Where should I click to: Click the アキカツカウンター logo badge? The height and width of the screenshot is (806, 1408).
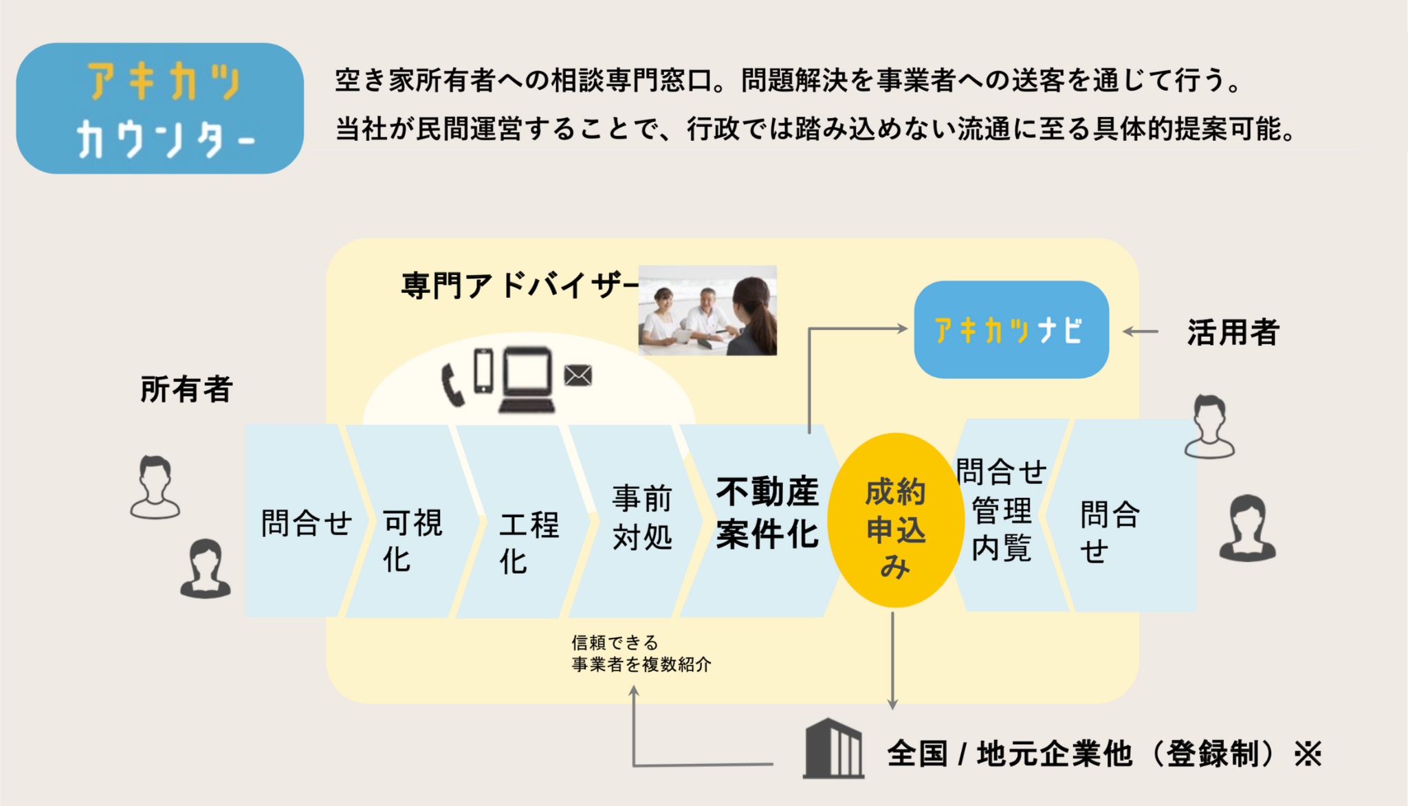[x=159, y=109]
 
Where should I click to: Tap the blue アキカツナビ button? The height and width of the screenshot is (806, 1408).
[x=1011, y=329]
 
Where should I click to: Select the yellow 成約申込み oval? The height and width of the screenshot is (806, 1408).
[x=895, y=521]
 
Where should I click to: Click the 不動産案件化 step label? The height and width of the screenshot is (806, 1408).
[x=767, y=512]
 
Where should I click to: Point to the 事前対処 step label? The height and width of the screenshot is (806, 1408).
[x=642, y=517]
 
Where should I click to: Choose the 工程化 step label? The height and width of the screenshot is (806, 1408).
[x=529, y=542]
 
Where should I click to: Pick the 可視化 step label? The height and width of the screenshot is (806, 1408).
[x=412, y=541]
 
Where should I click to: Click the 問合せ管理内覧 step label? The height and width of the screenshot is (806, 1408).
[x=1001, y=510]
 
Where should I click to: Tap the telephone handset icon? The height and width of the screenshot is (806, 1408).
[x=452, y=384]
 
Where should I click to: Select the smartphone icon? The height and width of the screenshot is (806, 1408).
[x=484, y=371]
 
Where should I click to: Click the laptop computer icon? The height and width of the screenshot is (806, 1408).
[x=527, y=380]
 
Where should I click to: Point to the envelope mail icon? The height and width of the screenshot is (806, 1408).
[x=577, y=375]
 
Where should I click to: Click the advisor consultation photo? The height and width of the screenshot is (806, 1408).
[x=707, y=310]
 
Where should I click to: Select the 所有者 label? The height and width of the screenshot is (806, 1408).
[x=186, y=389]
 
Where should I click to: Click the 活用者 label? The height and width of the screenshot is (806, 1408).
[x=1233, y=332]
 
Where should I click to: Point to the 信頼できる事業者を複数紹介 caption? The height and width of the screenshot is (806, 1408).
[x=641, y=653]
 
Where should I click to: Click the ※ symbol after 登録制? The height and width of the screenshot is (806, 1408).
[x=1308, y=754]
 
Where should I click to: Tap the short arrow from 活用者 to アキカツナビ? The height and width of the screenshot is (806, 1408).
[x=1141, y=331]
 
